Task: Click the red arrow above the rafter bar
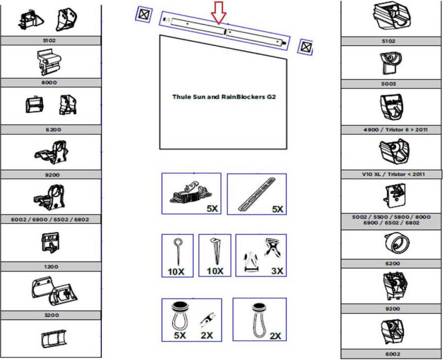(x=219, y=13)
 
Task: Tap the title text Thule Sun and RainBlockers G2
(x=224, y=97)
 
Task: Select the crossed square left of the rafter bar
(x=144, y=14)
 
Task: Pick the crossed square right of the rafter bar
(x=305, y=47)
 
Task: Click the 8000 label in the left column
(x=49, y=83)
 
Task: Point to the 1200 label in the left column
(x=51, y=266)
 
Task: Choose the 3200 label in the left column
(x=52, y=315)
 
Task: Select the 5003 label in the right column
(x=388, y=84)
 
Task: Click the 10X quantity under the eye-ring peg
(x=176, y=271)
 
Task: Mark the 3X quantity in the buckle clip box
(x=277, y=271)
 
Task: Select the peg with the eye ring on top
(x=178, y=252)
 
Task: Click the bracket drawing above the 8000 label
(x=49, y=62)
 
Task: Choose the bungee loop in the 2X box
(x=259, y=321)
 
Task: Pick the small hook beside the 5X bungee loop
(x=208, y=319)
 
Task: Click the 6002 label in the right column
(x=393, y=354)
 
